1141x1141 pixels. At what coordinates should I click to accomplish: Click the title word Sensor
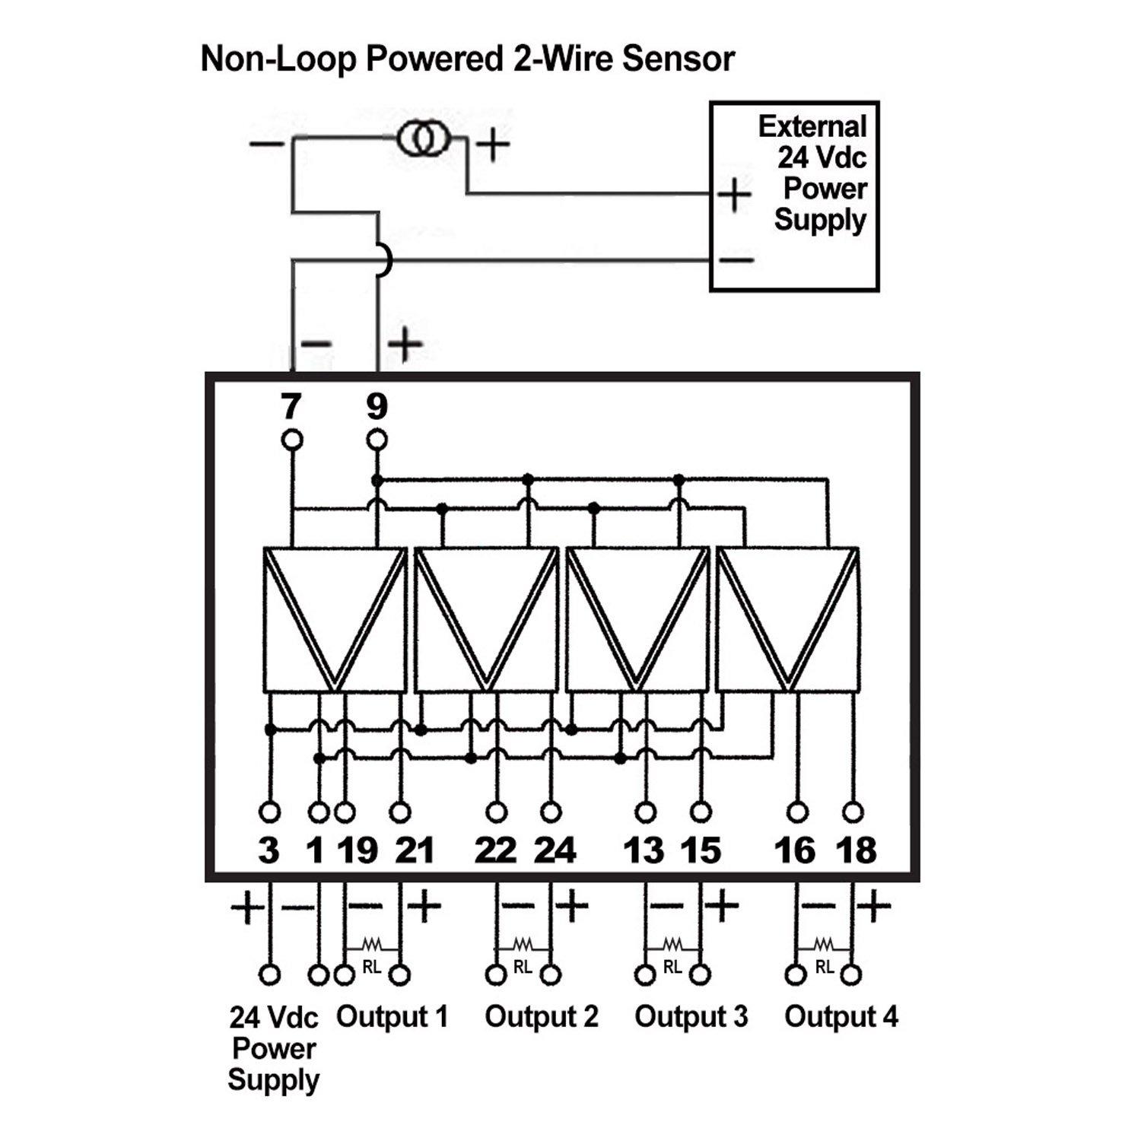click(x=679, y=59)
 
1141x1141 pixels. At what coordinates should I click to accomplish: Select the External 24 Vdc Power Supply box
click(x=793, y=196)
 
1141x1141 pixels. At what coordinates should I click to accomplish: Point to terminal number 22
click(x=495, y=850)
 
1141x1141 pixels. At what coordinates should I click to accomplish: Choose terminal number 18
click(x=856, y=850)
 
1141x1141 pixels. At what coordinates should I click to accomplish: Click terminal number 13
click(x=644, y=850)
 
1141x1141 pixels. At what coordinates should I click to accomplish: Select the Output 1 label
click(x=392, y=1016)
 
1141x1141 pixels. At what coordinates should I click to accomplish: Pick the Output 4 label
click(x=841, y=1016)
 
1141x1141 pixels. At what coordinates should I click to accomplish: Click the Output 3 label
click(x=691, y=1016)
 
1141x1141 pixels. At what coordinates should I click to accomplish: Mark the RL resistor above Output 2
click(x=523, y=946)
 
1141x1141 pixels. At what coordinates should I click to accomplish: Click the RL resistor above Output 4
click(x=824, y=946)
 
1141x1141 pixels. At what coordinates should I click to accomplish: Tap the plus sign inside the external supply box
click(x=734, y=195)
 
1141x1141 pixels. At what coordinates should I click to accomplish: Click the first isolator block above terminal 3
click(x=334, y=619)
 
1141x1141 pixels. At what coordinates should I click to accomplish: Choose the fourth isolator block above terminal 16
click(x=788, y=619)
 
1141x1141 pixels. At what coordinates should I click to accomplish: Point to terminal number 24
click(x=555, y=850)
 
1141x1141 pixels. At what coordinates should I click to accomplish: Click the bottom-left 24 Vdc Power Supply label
click(x=273, y=1048)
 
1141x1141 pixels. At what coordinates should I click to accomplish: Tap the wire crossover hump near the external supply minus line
click(x=386, y=260)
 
